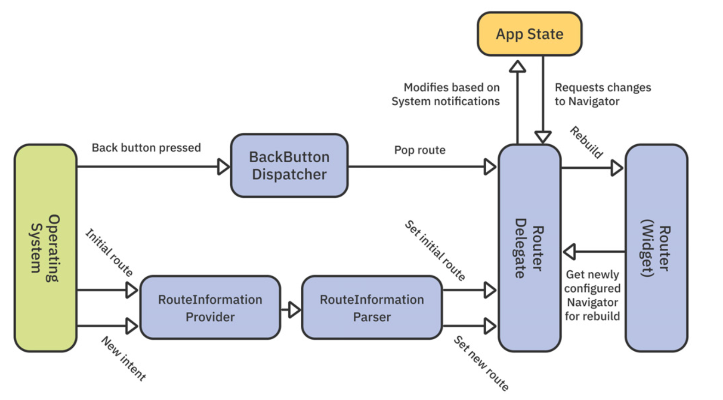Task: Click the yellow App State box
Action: [x=529, y=34]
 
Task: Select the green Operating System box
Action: [x=45, y=248]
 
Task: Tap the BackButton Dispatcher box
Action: [x=289, y=166]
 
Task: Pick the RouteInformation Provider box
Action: [x=210, y=308]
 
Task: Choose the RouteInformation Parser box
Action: [x=372, y=308]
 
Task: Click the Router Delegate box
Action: [x=529, y=248]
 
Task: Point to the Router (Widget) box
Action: [x=656, y=248]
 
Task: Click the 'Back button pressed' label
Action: [x=146, y=148]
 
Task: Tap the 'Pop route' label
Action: [x=420, y=150]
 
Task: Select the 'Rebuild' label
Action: [x=586, y=142]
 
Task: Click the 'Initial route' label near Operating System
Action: [x=109, y=252]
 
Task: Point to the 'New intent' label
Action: [x=123, y=359]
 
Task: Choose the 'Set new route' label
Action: [x=481, y=363]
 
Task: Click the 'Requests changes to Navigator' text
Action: [x=602, y=94]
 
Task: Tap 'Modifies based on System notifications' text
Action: [x=446, y=94]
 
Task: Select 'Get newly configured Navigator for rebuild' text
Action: [x=592, y=295]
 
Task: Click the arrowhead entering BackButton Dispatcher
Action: [x=223, y=166]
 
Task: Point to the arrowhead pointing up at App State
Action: [x=518, y=67]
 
